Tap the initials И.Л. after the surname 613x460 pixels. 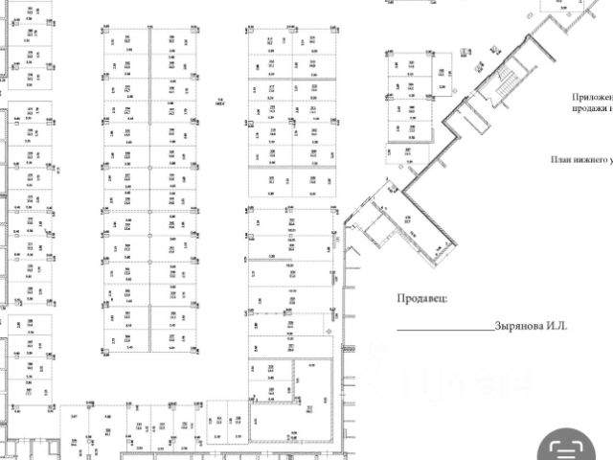559,326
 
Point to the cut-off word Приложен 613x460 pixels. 592,97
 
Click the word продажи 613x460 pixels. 592,108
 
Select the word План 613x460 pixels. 561,161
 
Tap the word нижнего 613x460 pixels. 591,161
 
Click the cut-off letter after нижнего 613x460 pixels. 610,161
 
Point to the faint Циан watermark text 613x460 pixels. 450,383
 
